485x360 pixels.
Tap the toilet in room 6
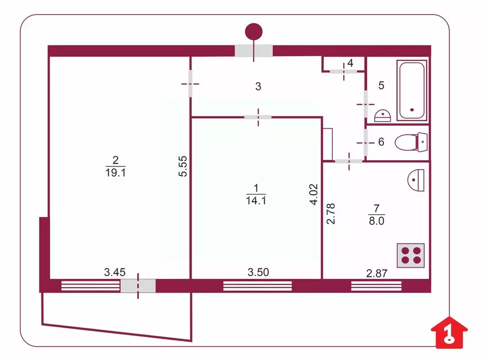click(411, 142)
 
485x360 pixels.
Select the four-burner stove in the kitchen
click(411, 255)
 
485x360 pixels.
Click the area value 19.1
click(115, 173)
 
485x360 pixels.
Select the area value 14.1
click(255, 199)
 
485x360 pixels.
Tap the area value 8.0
click(376, 220)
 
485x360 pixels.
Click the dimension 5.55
click(183, 167)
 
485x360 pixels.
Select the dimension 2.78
click(331, 213)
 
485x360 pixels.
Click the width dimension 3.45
click(114, 272)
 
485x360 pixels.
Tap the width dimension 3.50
click(258, 272)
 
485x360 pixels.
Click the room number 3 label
click(258, 86)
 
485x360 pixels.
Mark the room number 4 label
click(350, 63)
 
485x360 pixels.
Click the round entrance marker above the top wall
click(254, 32)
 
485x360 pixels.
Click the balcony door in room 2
click(137, 286)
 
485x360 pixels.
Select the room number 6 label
click(381, 142)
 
